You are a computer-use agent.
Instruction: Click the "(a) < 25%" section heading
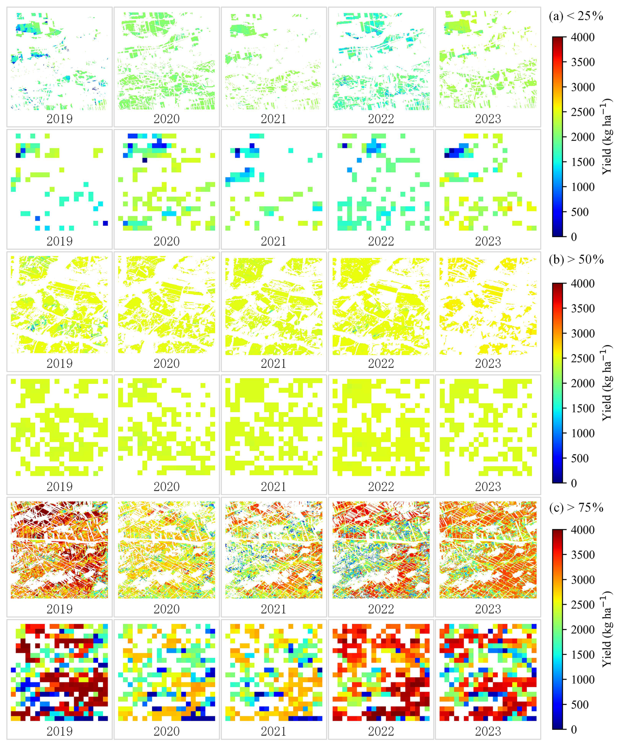[x=576, y=16]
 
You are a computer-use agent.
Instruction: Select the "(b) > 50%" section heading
[x=576, y=260]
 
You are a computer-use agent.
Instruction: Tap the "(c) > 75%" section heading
[x=576, y=508]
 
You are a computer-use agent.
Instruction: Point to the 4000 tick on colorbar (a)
[x=583, y=37]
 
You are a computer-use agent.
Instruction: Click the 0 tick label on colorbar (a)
[x=574, y=237]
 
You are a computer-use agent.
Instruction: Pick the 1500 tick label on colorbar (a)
[x=583, y=162]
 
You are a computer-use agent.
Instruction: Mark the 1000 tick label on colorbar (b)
[x=583, y=433]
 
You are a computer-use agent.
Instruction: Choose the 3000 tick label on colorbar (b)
[x=583, y=334]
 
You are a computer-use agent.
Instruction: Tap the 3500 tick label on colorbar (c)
[x=583, y=555]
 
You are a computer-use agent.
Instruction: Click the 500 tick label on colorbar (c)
[x=579, y=705]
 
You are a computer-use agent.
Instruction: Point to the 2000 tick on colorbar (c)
[x=583, y=630]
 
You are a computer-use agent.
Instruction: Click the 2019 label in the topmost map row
[x=59, y=119]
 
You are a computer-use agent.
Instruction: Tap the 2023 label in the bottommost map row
[x=488, y=731]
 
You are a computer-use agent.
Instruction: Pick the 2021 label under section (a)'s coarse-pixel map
[x=273, y=241]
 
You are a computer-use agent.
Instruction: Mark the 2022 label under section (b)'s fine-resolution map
[x=381, y=364]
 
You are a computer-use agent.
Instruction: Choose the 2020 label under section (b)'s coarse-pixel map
[x=166, y=487]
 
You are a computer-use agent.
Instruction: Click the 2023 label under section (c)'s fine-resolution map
[x=488, y=609]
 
